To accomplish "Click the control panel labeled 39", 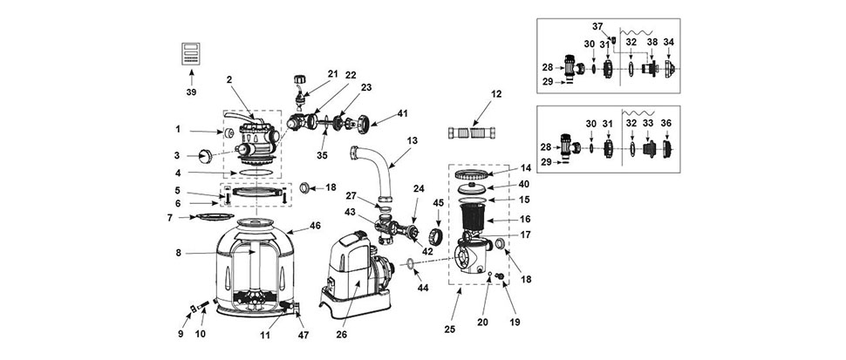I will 190,52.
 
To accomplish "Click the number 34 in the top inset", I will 669,42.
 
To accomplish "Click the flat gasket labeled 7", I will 209,215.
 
